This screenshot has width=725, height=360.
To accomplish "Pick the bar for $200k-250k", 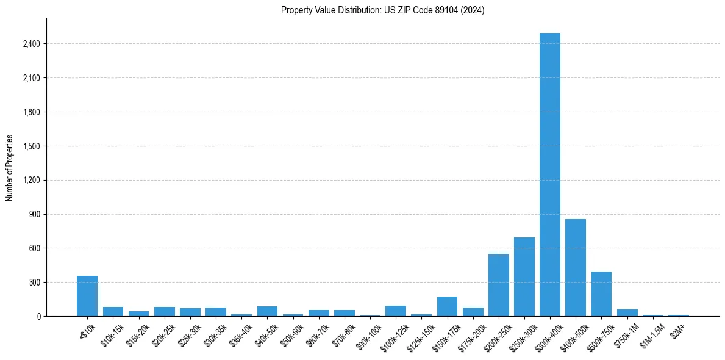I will (x=498, y=285).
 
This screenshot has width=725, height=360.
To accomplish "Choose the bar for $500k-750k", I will (x=601, y=293).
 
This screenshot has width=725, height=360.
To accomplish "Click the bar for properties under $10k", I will (x=87, y=296).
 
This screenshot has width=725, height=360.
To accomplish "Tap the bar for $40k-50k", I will (x=267, y=311).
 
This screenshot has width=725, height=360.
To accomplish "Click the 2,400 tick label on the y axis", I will (x=31, y=44).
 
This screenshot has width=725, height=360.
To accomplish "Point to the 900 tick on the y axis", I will (x=34, y=214).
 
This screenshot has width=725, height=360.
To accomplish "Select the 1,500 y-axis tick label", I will (x=31, y=146).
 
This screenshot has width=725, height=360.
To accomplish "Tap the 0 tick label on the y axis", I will (x=38, y=316).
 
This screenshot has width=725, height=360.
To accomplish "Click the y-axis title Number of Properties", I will (x=10, y=167).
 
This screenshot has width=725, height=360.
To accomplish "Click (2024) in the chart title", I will (x=473, y=10).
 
